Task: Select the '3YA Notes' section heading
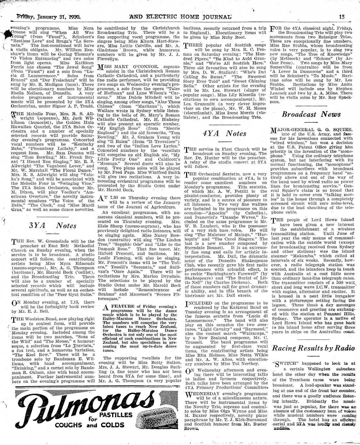pos(48,225)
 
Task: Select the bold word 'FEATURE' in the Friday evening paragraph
pos(122,306)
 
